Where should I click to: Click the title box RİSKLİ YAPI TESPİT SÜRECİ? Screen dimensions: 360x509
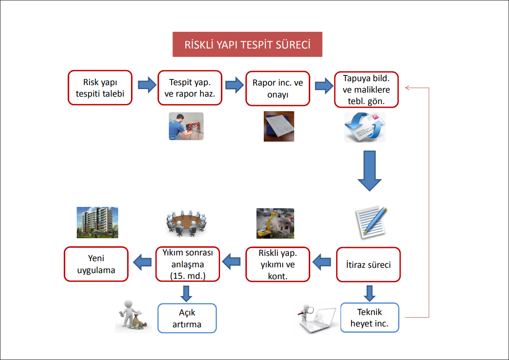(x=247, y=45)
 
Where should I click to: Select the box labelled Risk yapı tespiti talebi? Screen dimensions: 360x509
(x=100, y=87)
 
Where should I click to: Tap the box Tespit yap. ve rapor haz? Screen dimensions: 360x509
(x=189, y=87)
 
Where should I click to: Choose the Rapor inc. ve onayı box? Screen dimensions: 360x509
(x=277, y=89)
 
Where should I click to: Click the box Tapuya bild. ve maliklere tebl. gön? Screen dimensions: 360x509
(x=366, y=90)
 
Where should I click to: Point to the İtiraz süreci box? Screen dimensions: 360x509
(x=368, y=265)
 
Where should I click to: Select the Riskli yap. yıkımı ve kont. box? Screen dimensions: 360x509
(x=278, y=265)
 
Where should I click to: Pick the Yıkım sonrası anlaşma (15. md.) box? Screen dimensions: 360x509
(x=187, y=264)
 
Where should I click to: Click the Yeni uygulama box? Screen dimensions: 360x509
(x=96, y=264)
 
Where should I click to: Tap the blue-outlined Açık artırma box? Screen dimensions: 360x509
(x=187, y=318)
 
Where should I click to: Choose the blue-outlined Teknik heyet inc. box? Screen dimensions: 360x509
(x=369, y=318)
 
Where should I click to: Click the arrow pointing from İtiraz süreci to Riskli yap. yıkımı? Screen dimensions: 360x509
(x=322, y=263)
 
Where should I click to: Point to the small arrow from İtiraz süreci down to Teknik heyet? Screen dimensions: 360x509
(x=370, y=293)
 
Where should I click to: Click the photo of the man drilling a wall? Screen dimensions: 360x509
(x=186, y=126)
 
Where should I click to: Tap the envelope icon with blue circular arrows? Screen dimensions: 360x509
(x=364, y=127)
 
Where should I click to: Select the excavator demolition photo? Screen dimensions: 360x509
(x=275, y=224)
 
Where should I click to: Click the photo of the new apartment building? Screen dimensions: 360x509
(x=97, y=223)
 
